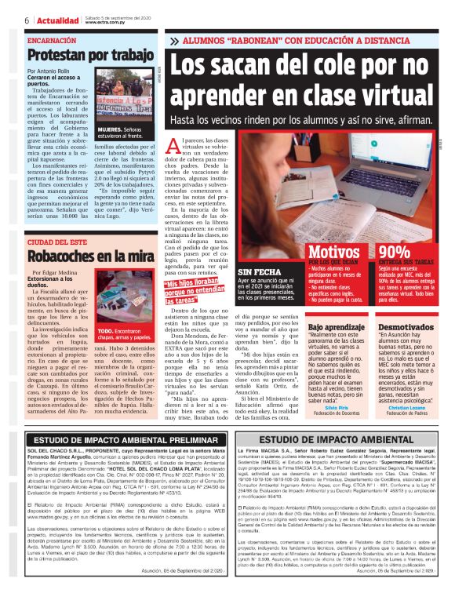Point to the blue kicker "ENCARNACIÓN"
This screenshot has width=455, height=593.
[x=53, y=39]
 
